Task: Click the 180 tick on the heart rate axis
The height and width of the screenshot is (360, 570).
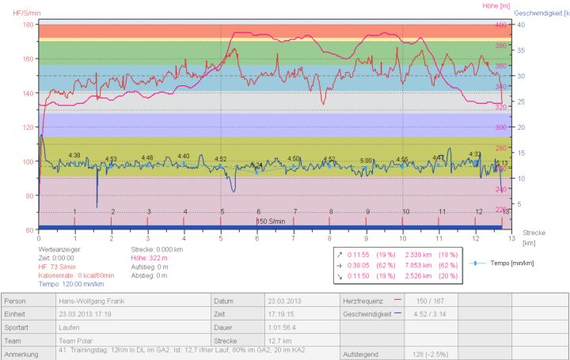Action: [x=27, y=25]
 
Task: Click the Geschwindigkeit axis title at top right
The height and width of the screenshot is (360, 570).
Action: [x=541, y=13]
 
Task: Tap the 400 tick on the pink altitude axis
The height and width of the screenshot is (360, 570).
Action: [x=500, y=25]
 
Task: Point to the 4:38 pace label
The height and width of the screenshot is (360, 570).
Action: [x=74, y=155]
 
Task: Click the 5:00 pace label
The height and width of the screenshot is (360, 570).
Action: [x=366, y=161]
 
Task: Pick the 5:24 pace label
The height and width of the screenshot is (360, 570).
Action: [x=256, y=165]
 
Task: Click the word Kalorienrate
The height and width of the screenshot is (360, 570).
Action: [x=59, y=275]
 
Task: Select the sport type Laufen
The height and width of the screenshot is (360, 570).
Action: [x=69, y=328]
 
